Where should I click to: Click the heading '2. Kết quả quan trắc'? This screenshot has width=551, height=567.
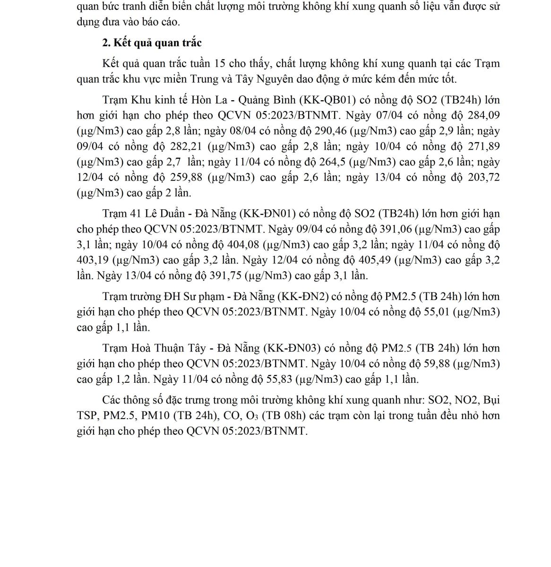click(152, 43)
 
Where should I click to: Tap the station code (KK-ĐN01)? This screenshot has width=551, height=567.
click(268, 214)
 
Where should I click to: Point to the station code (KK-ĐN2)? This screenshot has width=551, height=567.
click(303, 296)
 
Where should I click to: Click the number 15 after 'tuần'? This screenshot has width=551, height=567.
click(219, 64)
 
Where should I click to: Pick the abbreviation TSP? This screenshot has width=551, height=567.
click(86, 416)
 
